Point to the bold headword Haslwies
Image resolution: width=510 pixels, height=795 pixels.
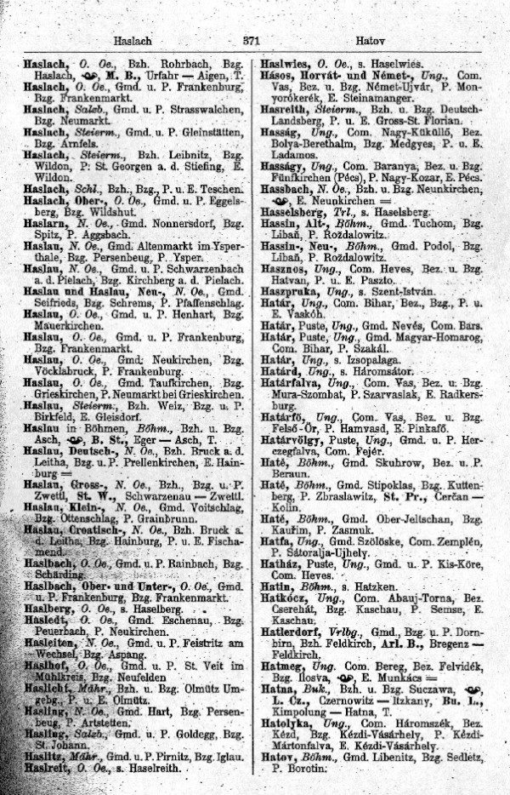285,64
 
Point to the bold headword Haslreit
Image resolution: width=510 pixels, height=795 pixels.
42,768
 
